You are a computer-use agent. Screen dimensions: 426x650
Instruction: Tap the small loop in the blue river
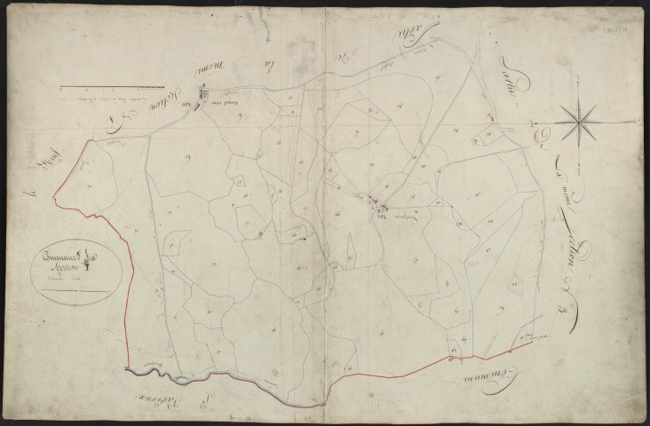pyautogui.click(x=182, y=381)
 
